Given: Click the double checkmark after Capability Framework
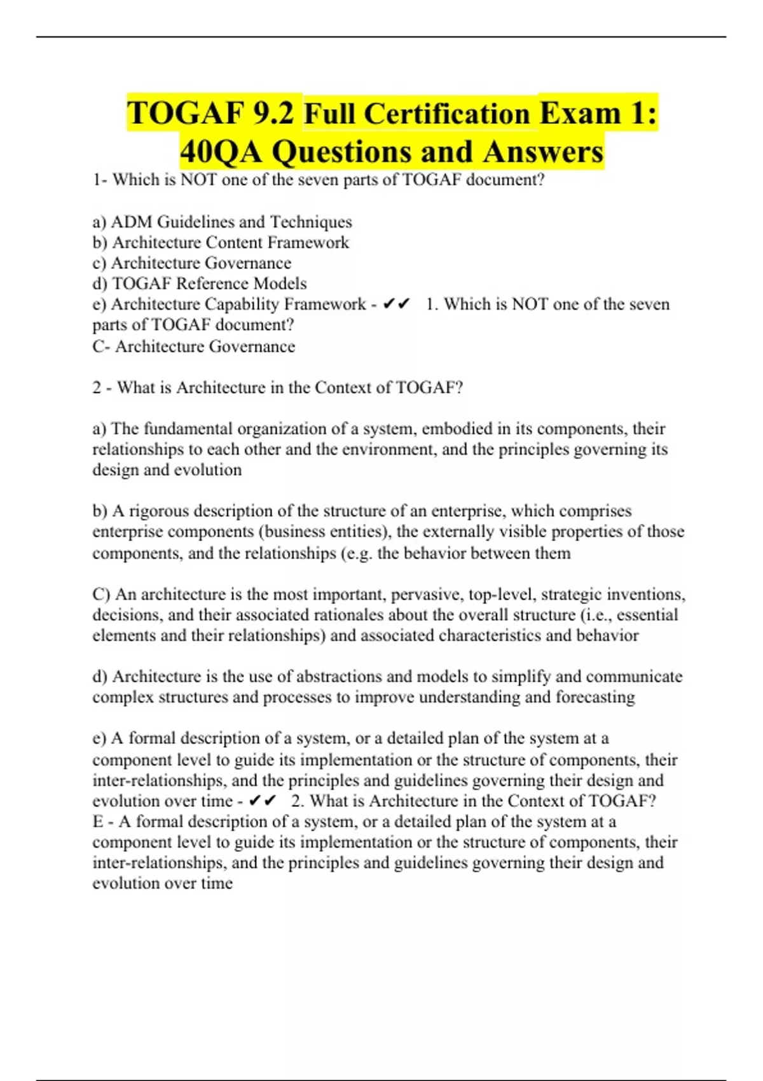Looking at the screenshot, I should click(396, 305).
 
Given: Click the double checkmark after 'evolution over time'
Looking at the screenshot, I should click(263, 801).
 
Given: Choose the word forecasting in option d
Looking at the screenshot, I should click(595, 697).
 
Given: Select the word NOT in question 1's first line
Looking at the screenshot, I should click(200, 180).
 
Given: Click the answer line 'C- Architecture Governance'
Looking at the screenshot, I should click(194, 347).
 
